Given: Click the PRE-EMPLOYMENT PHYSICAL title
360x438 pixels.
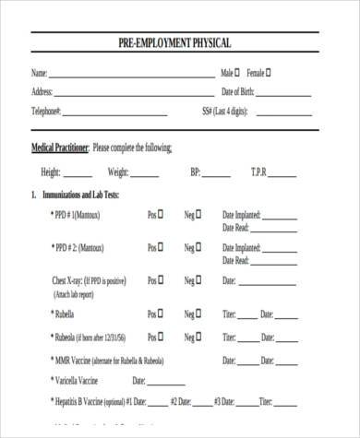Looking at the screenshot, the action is coord(174,43).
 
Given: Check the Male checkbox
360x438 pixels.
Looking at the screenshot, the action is coord(238,72).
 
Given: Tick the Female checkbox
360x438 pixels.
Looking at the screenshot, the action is coord(269,72).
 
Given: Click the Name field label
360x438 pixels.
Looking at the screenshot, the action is coord(39,73).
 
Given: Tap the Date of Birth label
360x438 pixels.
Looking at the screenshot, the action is coord(237,92).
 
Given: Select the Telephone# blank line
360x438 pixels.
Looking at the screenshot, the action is coord(115,113).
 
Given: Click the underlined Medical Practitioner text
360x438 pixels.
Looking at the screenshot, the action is coord(60,148).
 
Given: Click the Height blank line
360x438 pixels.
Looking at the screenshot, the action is coord(78,173).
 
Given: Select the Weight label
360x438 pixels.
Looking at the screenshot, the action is coord(118,172).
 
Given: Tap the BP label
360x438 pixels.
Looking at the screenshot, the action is coord(195,172).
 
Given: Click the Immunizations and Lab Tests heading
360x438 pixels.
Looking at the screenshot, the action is coord(80,195).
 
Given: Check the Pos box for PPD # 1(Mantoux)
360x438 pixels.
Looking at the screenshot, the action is coord(161,214).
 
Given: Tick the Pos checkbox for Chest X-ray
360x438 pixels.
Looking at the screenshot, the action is coord(161,279).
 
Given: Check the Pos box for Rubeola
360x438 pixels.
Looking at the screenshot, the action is coord(161,336).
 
